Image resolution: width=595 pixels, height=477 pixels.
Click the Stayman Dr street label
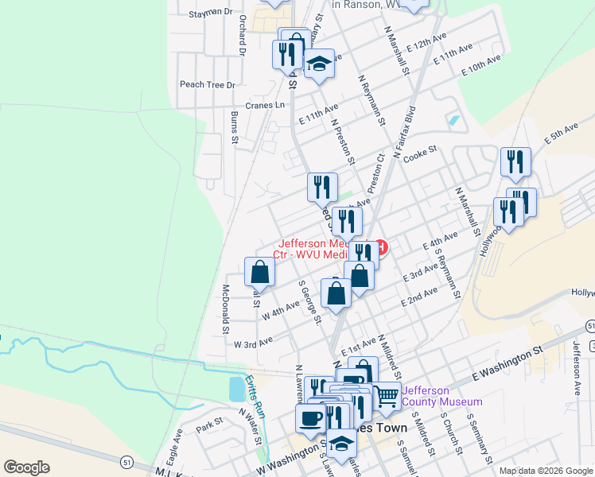coord(211,13)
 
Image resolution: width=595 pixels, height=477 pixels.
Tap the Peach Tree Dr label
coord(208,84)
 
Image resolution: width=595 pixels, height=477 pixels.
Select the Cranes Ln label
coord(265,105)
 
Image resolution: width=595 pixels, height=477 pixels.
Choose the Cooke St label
coord(420,150)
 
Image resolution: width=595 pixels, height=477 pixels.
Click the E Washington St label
coord(506,360)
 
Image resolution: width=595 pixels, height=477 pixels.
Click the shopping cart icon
coord(387,395)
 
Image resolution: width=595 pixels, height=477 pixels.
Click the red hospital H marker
coord(381,249)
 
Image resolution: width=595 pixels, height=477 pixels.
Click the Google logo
coord(26,467)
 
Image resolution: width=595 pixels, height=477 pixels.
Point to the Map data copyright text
coord(546,471)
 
